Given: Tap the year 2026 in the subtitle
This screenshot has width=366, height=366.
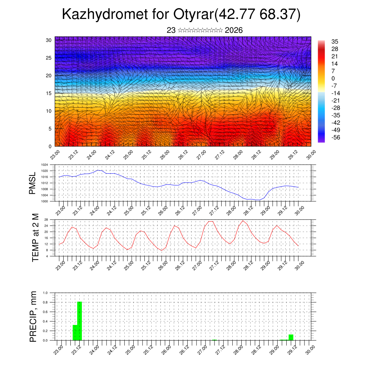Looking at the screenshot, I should [x=234, y=30].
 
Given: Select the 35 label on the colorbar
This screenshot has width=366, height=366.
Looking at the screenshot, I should [x=335, y=41].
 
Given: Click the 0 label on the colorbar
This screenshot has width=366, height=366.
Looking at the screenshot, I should [x=333, y=78].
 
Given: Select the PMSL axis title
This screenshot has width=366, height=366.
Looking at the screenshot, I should [x=33, y=183].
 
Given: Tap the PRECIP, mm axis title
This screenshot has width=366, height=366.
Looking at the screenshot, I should [x=33, y=316].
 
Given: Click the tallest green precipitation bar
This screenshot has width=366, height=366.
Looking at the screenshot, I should [x=80, y=321].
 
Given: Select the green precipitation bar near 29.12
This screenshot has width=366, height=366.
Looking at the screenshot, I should [x=291, y=337].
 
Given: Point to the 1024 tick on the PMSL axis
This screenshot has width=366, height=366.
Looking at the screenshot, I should [x=45, y=165].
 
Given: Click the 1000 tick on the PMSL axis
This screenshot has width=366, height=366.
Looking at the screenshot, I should [x=45, y=201].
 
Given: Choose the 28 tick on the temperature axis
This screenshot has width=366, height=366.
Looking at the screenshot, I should [x=46, y=219].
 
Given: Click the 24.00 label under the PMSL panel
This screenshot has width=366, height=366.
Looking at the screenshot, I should [x=94, y=210].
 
